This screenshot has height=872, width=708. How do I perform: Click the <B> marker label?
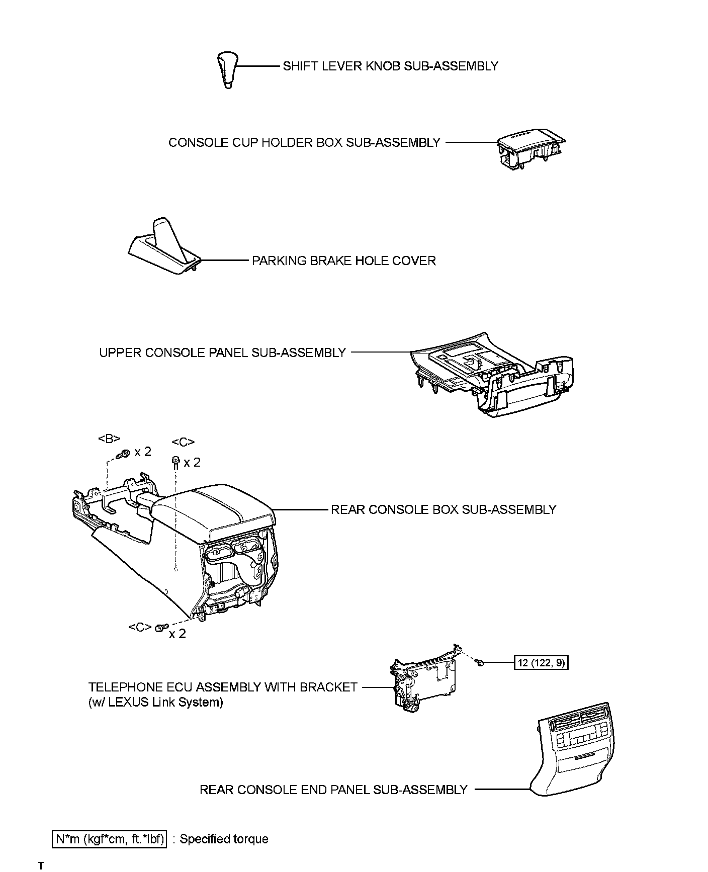click(109, 439)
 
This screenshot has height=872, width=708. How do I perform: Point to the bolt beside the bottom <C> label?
click(160, 628)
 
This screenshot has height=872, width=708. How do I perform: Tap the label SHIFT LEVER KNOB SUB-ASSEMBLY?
click(390, 66)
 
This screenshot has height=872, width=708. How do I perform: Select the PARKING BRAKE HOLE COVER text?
click(343, 261)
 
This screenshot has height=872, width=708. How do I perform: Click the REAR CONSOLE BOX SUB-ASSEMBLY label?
click(443, 509)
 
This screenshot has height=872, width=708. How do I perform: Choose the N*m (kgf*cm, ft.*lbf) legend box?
click(109, 839)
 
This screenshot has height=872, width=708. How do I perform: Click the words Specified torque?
click(224, 839)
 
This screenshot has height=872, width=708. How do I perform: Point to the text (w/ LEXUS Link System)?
click(155, 702)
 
